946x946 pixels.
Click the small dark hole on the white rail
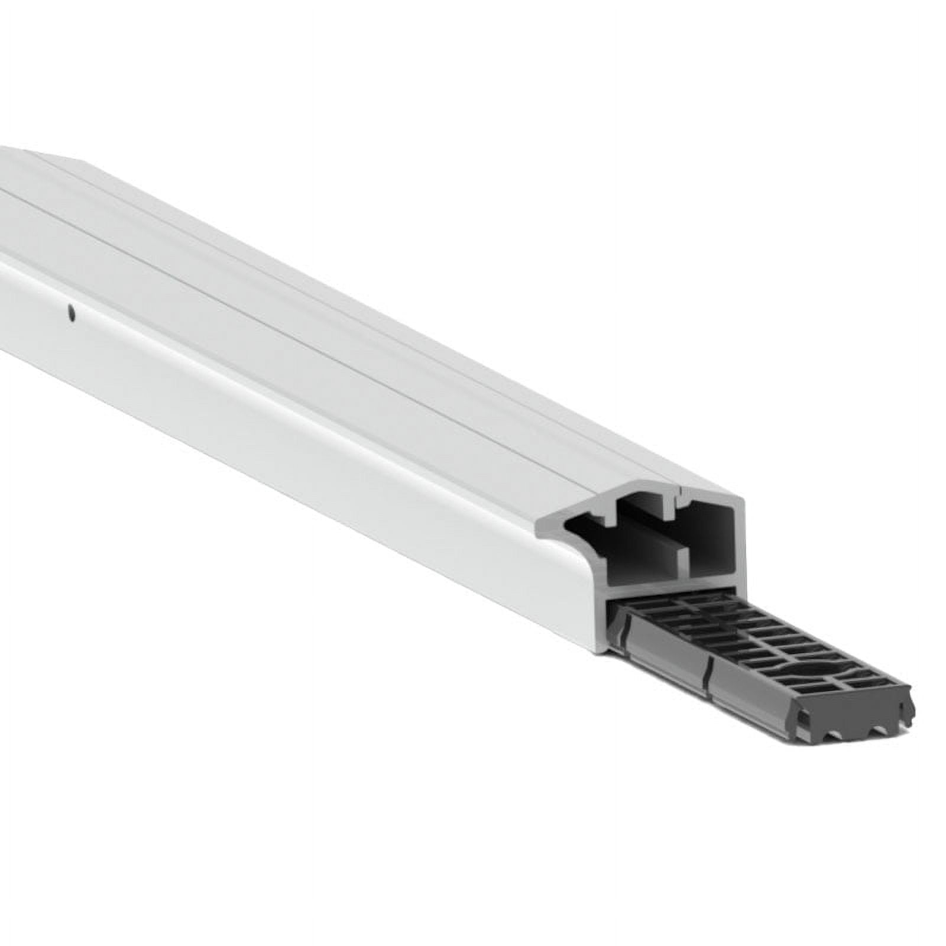click(x=71, y=313)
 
